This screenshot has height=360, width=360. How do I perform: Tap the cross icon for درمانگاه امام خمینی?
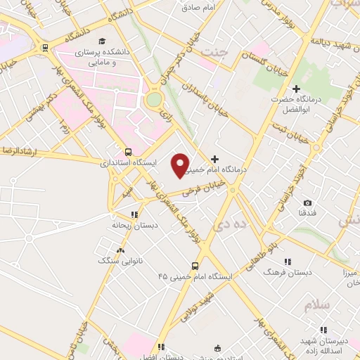(x=214, y=159)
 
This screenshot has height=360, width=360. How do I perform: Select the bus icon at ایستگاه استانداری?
(x=128, y=151)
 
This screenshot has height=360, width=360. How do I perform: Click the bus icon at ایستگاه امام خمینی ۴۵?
(x=195, y=266)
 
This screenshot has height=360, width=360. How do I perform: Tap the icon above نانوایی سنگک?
(x=120, y=250)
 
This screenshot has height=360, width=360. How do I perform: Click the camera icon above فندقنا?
(x=307, y=202)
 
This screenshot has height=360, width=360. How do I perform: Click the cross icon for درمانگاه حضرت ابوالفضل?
(x=296, y=89)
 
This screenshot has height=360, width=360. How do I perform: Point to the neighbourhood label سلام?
(x=316, y=307)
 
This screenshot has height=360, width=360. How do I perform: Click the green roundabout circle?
(x=153, y=100)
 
